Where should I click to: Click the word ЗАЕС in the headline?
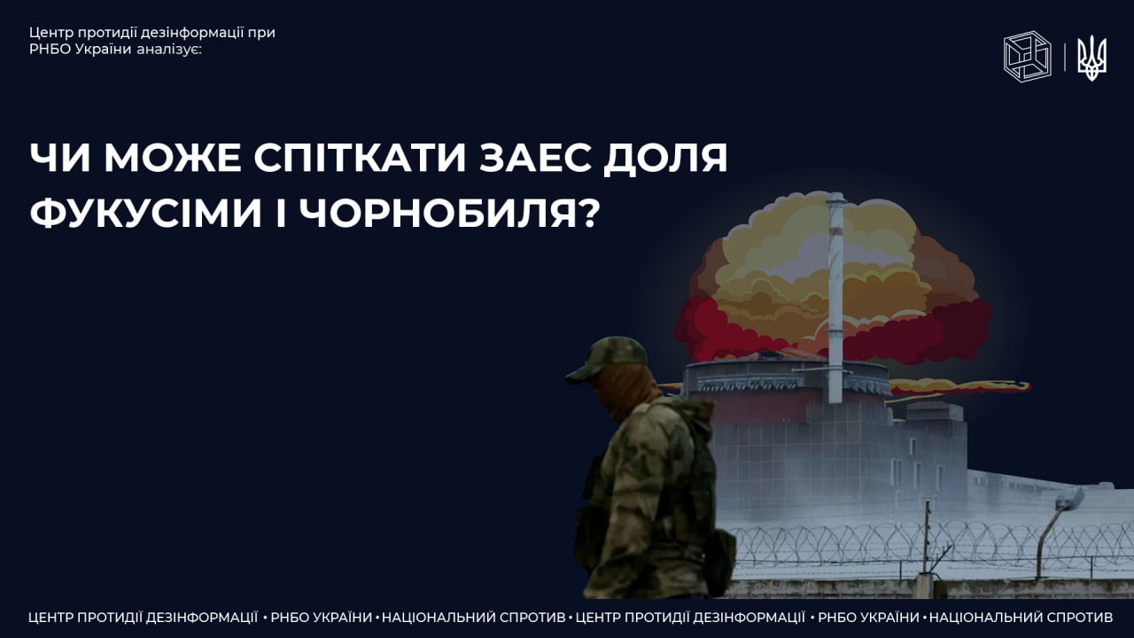click(x=535, y=158)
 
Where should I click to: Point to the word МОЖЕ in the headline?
click(x=173, y=158)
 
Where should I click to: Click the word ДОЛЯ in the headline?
click(x=665, y=159)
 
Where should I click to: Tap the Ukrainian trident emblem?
click(x=1091, y=58)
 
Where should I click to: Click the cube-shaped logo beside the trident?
click(x=1027, y=56)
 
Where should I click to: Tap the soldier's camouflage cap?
click(x=608, y=359)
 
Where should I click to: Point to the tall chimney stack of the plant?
click(x=835, y=298)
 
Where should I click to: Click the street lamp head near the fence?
click(x=1069, y=498)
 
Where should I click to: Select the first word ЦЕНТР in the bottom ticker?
click(x=52, y=618)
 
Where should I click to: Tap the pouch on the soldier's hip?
click(x=721, y=562)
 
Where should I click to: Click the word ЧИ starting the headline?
click(x=61, y=158)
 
